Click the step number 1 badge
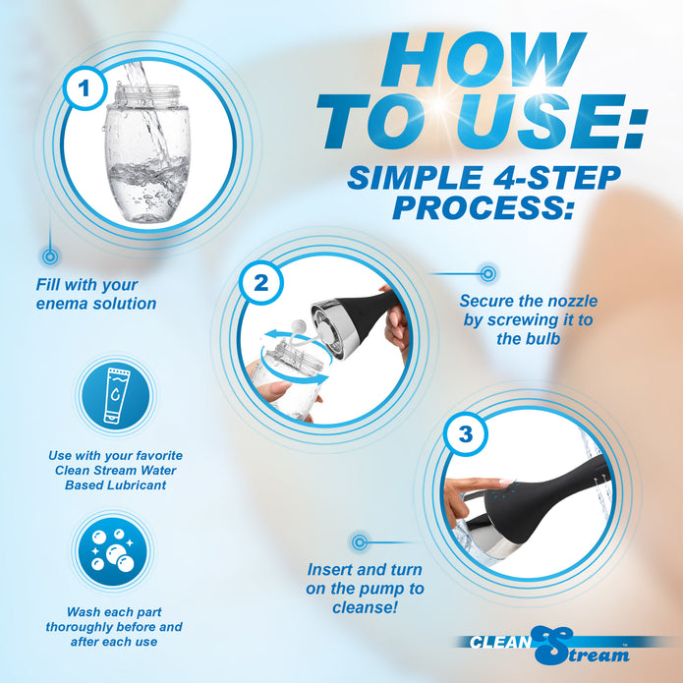(85, 88)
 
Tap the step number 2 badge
(261, 283)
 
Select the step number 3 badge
(465, 433)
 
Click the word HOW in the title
(483, 59)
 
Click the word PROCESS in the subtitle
(483, 207)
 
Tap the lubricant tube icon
(116, 395)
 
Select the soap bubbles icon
(112, 550)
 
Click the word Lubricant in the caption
(138, 484)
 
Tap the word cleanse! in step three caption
(365, 607)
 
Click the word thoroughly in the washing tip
(73, 627)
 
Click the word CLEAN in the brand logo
(500, 642)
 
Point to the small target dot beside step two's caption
(487, 273)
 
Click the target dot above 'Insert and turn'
(359, 542)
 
